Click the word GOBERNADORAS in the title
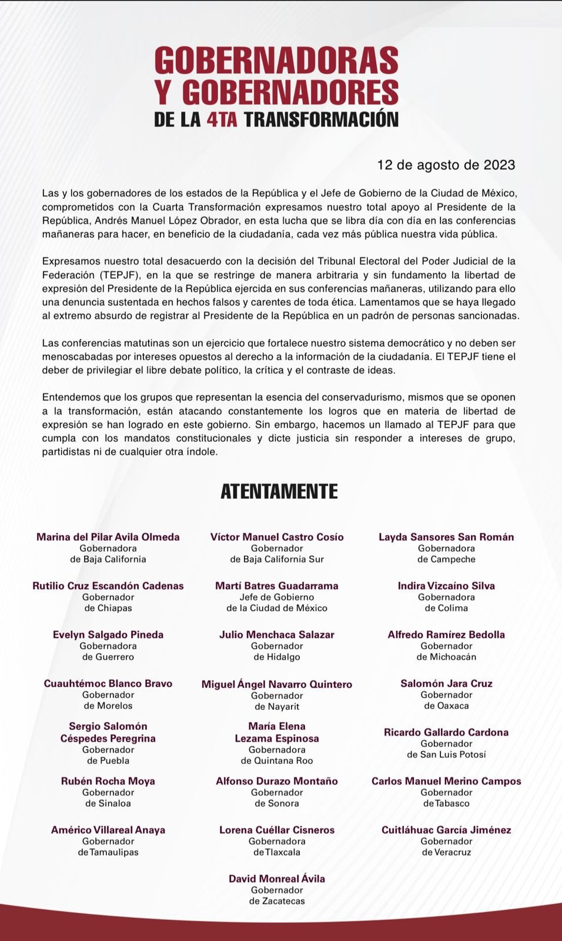(x=276, y=61)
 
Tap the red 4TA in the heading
(x=222, y=119)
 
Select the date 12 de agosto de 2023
(x=446, y=165)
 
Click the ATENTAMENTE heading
(x=279, y=491)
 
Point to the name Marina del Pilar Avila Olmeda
(x=108, y=537)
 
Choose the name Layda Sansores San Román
(x=446, y=537)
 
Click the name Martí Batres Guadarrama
(x=277, y=586)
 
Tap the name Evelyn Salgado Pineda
(x=108, y=635)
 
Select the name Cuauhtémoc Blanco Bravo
(x=108, y=683)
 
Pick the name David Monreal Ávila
(x=277, y=879)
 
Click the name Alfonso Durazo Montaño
(x=277, y=781)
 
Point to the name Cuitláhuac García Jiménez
(x=446, y=830)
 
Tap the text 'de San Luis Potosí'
(x=446, y=755)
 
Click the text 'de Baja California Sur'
(x=277, y=559)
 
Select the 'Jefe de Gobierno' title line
(x=277, y=597)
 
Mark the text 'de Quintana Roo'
(x=277, y=760)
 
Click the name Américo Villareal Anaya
(x=108, y=830)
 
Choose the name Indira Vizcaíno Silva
(x=446, y=586)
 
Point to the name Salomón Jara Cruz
(x=446, y=683)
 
